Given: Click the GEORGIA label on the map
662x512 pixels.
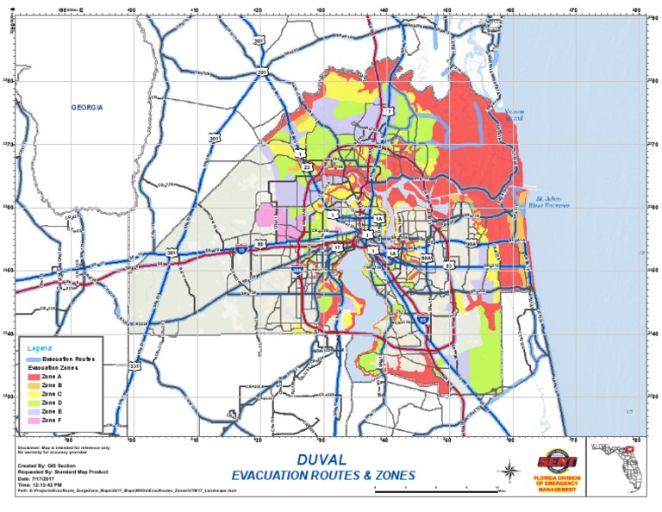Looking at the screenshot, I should pyautogui.click(x=86, y=107).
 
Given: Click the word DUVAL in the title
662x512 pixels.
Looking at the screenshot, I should pyautogui.click(x=322, y=460).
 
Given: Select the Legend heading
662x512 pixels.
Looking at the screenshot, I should pyautogui.click(x=40, y=347).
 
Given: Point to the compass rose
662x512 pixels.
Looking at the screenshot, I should pyautogui.click(x=509, y=470).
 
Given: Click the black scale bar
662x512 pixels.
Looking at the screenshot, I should pyautogui.click(x=439, y=489).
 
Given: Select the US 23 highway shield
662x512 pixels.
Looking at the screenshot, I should pyautogui.click(x=307, y=166).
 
